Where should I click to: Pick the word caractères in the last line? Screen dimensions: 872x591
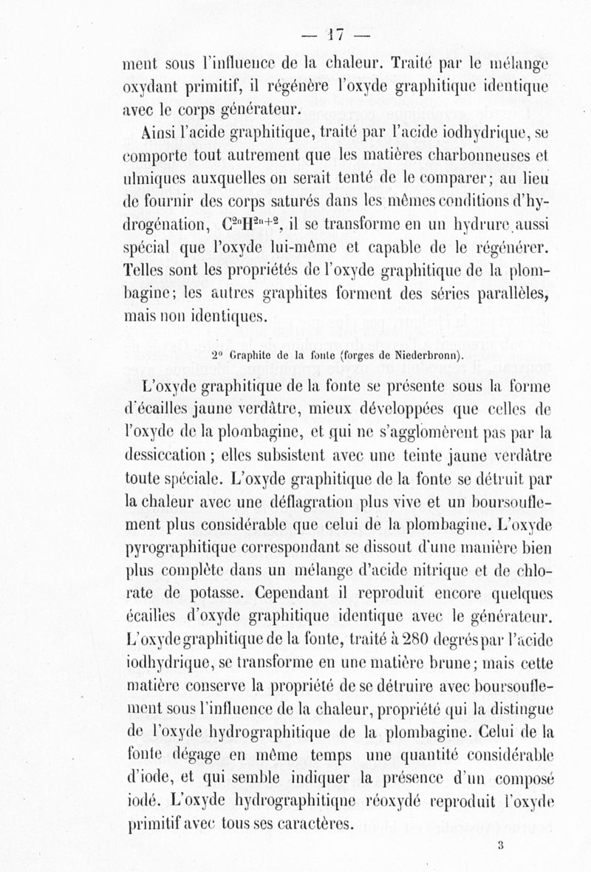click(x=310, y=824)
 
